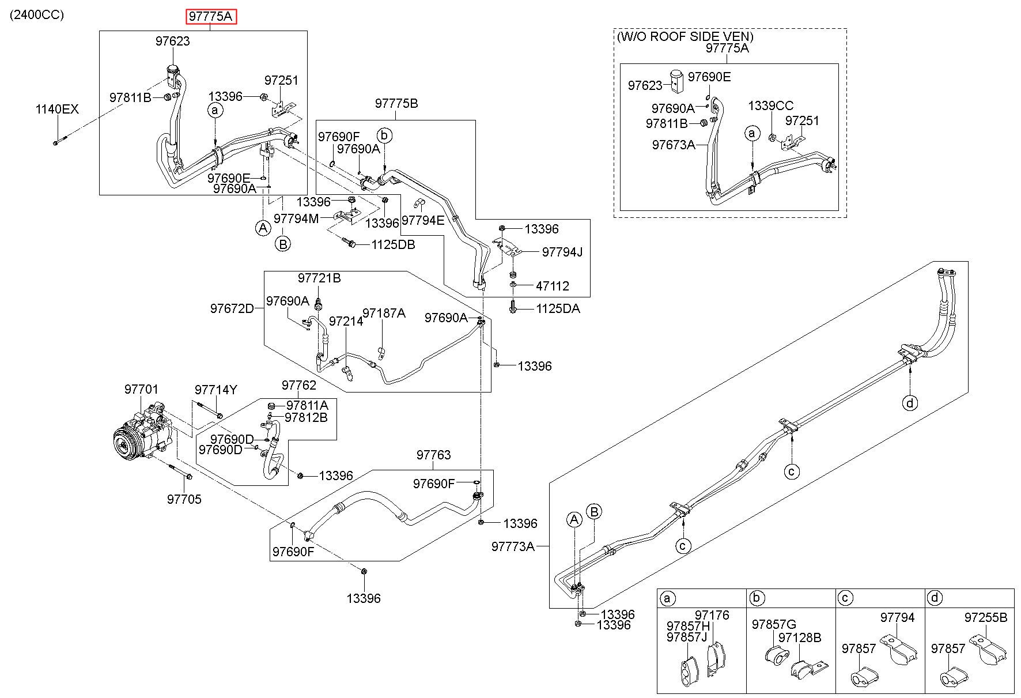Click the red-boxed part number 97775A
tap(211, 17)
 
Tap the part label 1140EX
tap(56, 110)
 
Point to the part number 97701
tap(141, 390)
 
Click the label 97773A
tap(513, 546)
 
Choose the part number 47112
tap(552, 286)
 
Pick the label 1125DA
tap(558, 309)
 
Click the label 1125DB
tap(393, 244)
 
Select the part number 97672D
tap(232, 308)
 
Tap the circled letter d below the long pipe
tap(910, 402)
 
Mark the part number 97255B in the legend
tap(986, 617)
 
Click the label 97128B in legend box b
tap(800, 637)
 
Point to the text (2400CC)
tap(36, 14)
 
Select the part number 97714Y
tap(215, 390)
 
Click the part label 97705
tap(184, 499)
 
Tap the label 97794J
tap(562, 252)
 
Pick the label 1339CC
tap(770, 106)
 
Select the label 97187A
tap(384, 313)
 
